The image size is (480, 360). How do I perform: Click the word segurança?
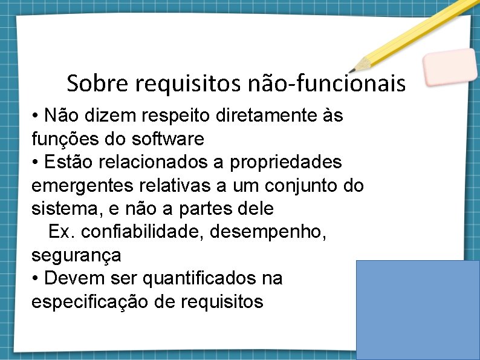pos(76,255)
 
